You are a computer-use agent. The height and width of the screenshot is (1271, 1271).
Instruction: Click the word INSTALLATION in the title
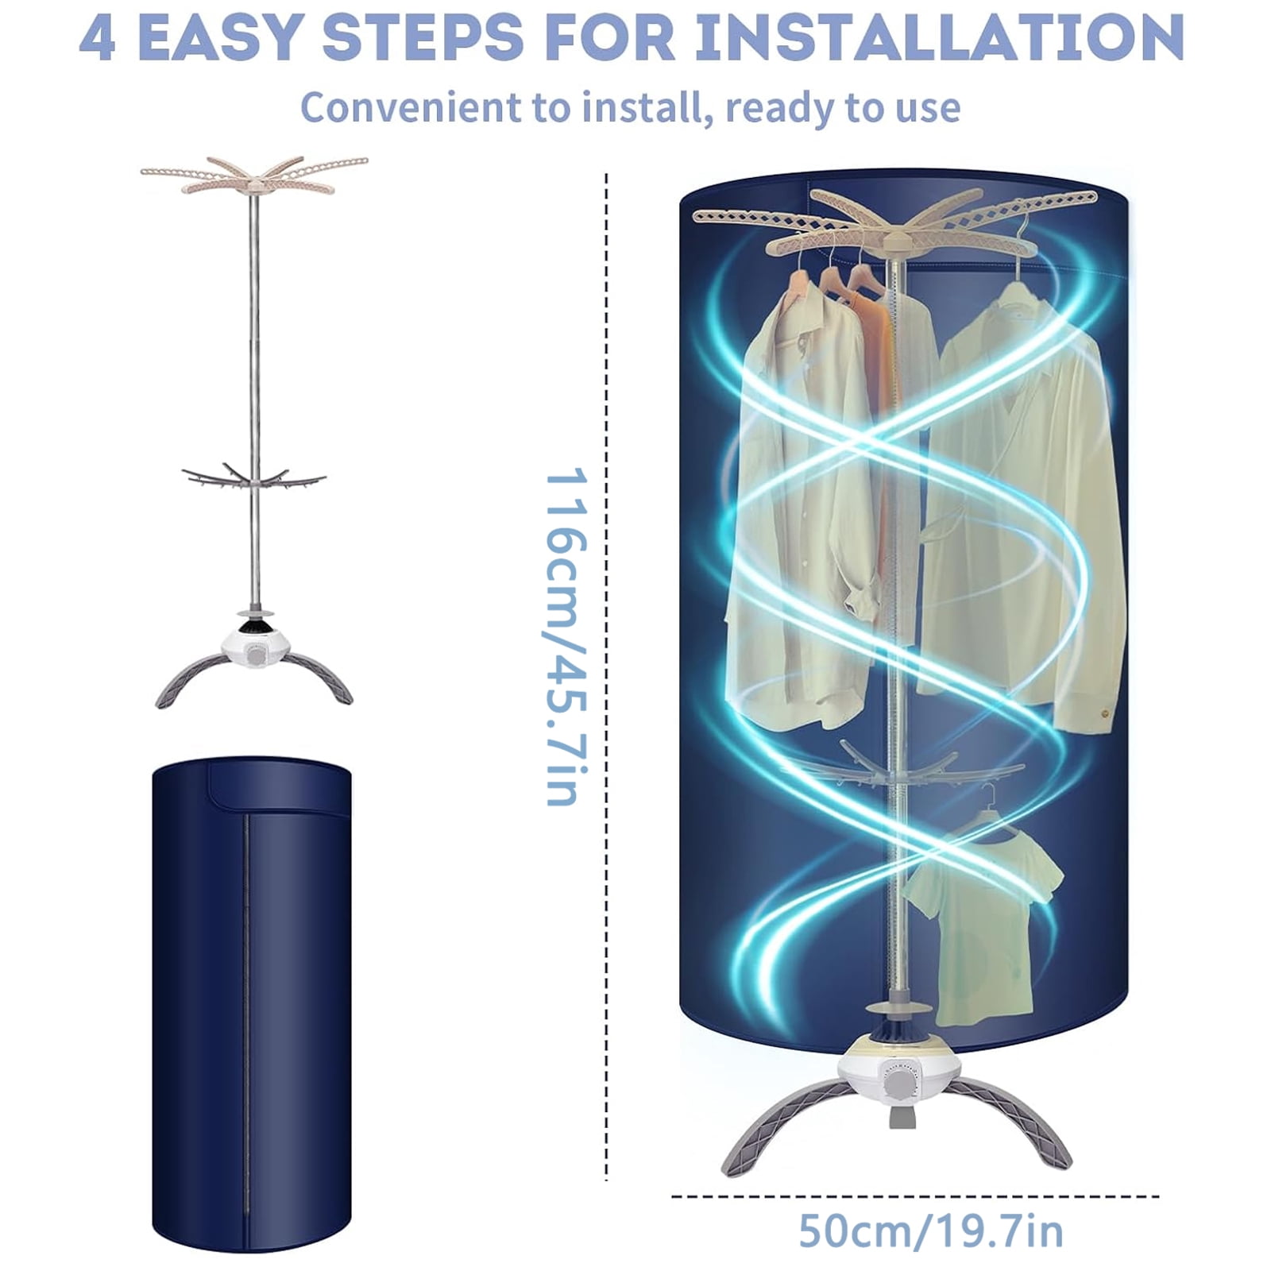point(939,37)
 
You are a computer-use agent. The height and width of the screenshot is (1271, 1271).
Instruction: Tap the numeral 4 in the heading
point(98,37)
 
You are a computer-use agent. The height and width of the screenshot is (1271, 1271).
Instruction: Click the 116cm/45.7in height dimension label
point(566,636)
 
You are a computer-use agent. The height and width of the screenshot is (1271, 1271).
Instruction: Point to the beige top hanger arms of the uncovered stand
point(254,175)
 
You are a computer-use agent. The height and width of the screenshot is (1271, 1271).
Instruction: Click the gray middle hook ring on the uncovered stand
point(253,477)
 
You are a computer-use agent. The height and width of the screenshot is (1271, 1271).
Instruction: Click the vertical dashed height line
point(607,675)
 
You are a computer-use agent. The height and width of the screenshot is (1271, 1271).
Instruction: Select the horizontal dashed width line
point(915,1196)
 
